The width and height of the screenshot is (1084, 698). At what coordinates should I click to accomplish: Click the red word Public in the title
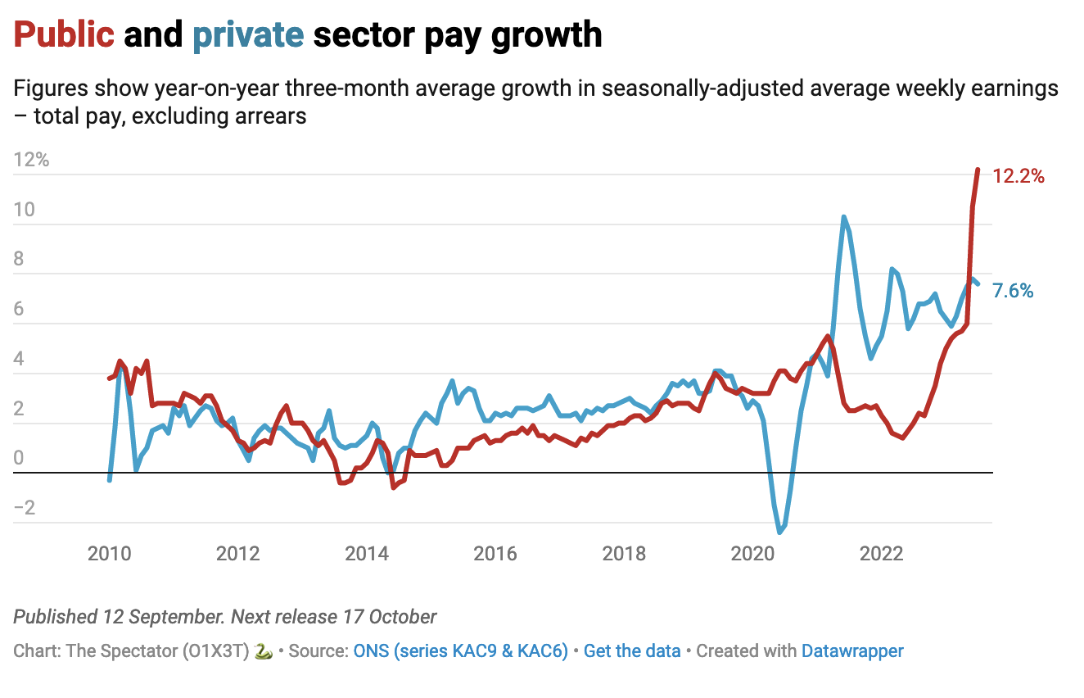point(64,34)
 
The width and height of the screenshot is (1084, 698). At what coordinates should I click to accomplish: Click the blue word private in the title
point(248,34)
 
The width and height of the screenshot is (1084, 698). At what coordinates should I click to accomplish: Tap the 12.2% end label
point(1019,175)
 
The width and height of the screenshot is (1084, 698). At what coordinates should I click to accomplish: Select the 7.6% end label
point(1013,290)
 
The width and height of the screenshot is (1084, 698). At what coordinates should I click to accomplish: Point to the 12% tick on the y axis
point(32,160)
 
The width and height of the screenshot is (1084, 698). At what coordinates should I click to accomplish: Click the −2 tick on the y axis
point(25,508)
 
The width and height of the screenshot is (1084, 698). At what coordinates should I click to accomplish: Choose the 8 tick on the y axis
point(20,260)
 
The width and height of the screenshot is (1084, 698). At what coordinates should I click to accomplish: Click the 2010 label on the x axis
point(110,553)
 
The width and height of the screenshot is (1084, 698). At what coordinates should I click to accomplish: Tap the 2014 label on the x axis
point(367,553)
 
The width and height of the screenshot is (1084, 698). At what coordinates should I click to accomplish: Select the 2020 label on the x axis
point(752,553)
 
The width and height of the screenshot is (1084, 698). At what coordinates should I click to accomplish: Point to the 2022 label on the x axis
point(881,553)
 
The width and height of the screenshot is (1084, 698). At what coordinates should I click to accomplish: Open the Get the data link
point(632,651)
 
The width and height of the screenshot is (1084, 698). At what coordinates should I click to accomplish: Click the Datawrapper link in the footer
point(852,651)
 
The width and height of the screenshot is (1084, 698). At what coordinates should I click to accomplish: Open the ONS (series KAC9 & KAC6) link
point(460,651)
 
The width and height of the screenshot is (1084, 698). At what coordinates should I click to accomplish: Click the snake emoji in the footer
point(263,651)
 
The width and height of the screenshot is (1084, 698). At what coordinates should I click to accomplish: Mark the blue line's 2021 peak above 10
point(843,217)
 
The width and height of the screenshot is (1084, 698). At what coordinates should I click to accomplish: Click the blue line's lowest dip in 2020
point(779,533)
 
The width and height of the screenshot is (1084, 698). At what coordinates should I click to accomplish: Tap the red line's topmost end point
point(978,170)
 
